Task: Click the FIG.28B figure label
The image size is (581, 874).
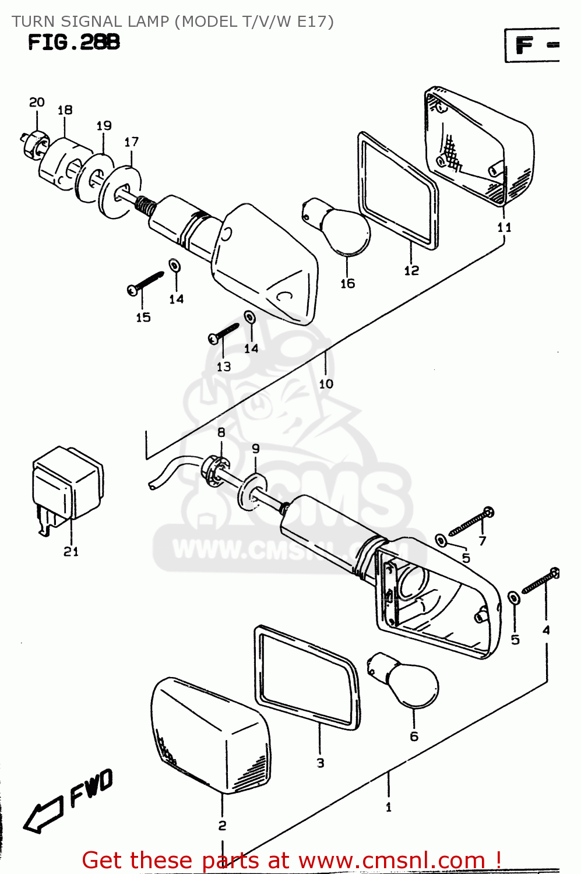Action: pyautogui.click(x=74, y=43)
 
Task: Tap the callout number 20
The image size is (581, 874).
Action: pyautogui.click(x=37, y=103)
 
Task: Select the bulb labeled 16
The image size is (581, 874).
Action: pyautogui.click(x=344, y=231)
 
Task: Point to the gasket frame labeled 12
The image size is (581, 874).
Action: pyautogui.click(x=399, y=192)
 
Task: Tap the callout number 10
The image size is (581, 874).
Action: pyautogui.click(x=326, y=384)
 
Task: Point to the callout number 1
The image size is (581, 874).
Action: pyautogui.click(x=389, y=808)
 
